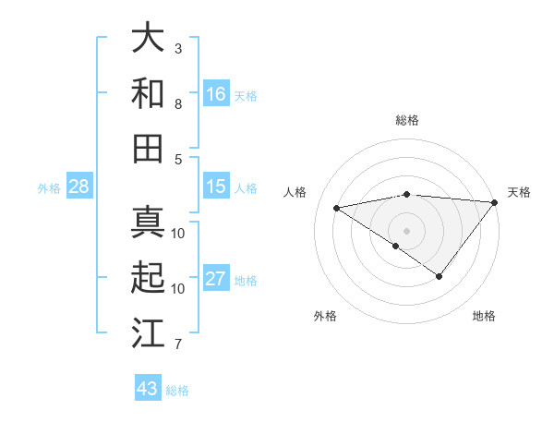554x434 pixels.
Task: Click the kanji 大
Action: [148, 38]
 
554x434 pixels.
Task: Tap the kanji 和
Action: [148, 93]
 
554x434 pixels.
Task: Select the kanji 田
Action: [148, 149]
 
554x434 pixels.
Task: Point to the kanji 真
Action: [148, 223]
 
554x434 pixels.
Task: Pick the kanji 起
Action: [148, 278]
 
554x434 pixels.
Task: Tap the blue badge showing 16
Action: [216, 93]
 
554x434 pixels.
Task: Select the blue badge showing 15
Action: [216, 187]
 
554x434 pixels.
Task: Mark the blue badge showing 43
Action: [147, 389]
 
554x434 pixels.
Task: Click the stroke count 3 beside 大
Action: [178, 48]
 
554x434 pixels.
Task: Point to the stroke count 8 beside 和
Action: [178, 103]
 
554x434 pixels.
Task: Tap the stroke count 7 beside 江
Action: [178, 344]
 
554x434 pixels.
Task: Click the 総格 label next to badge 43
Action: [177, 391]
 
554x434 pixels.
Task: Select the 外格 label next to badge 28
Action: [49, 188]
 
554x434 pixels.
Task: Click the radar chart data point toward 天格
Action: [495, 202]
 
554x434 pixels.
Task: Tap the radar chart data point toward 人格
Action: [337, 207]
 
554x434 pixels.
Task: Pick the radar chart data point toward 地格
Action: [440, 276]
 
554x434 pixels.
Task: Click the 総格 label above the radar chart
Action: [407, 120]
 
